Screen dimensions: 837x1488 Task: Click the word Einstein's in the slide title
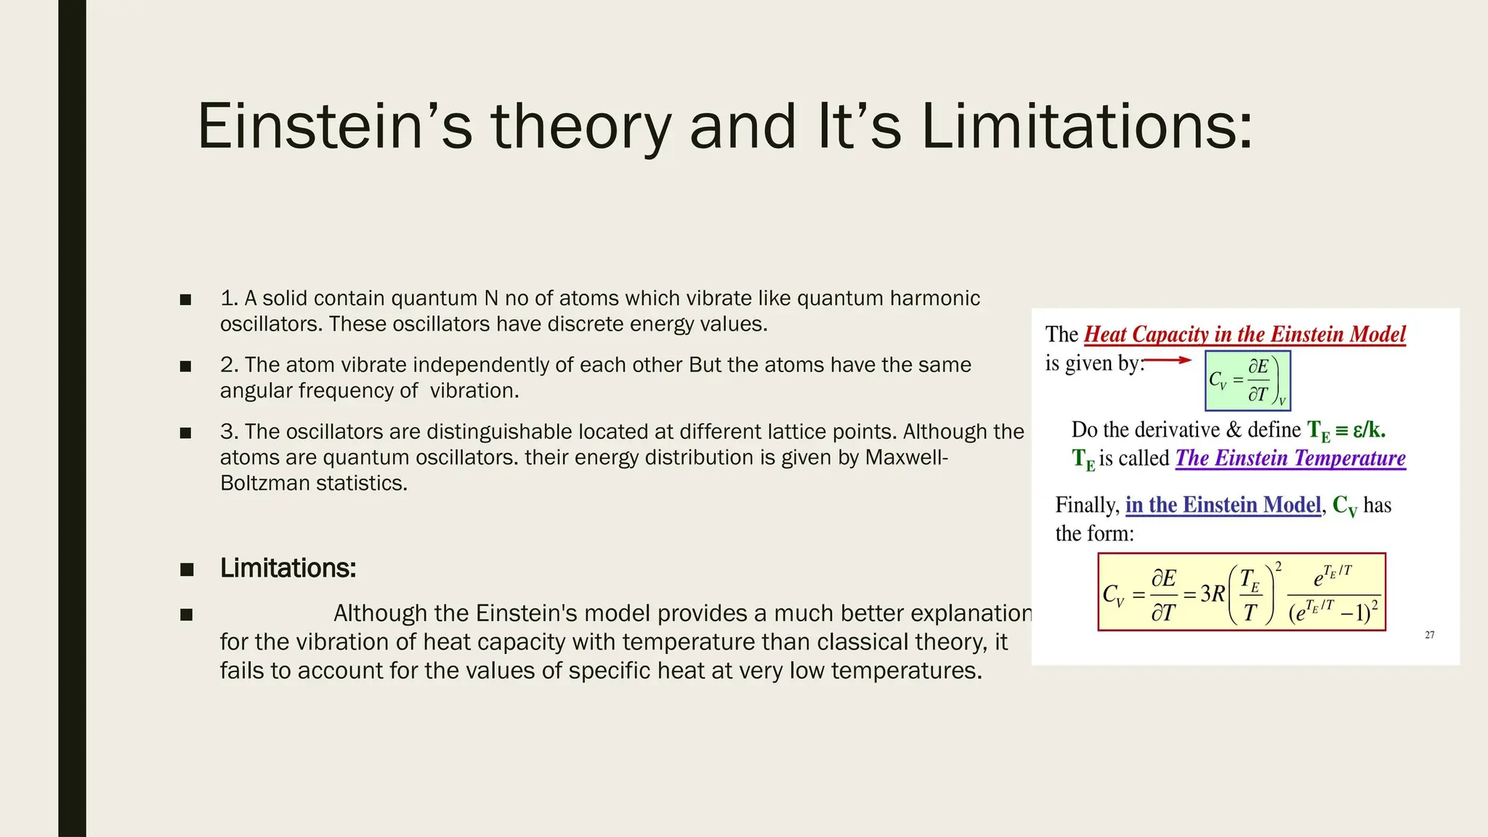(x=334, y=126)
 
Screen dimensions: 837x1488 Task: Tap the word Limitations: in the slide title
(x=1087, y=126)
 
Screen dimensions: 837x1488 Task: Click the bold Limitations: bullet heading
(x=288, y=568)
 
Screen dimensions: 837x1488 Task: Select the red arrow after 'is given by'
(x=1168, y=360)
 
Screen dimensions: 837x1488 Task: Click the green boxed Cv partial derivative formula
(x=1248, y=381)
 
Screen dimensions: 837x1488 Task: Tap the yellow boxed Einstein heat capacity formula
(x=1241, y=592)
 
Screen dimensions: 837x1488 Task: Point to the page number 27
(x=1429, y=635)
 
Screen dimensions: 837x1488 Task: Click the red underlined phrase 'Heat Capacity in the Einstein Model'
(x=1245, y=334)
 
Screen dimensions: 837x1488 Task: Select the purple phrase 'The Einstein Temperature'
(x=1290, y=458)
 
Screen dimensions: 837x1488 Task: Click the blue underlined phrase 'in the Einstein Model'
(x=1223, y=505)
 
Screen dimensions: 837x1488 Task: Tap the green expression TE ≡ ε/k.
(x=1346, y=431)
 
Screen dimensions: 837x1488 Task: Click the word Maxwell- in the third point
(x=906, y=458)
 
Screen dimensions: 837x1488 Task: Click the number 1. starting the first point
(x=230, y=299)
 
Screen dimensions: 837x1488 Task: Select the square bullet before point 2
(x=186, y=366)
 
